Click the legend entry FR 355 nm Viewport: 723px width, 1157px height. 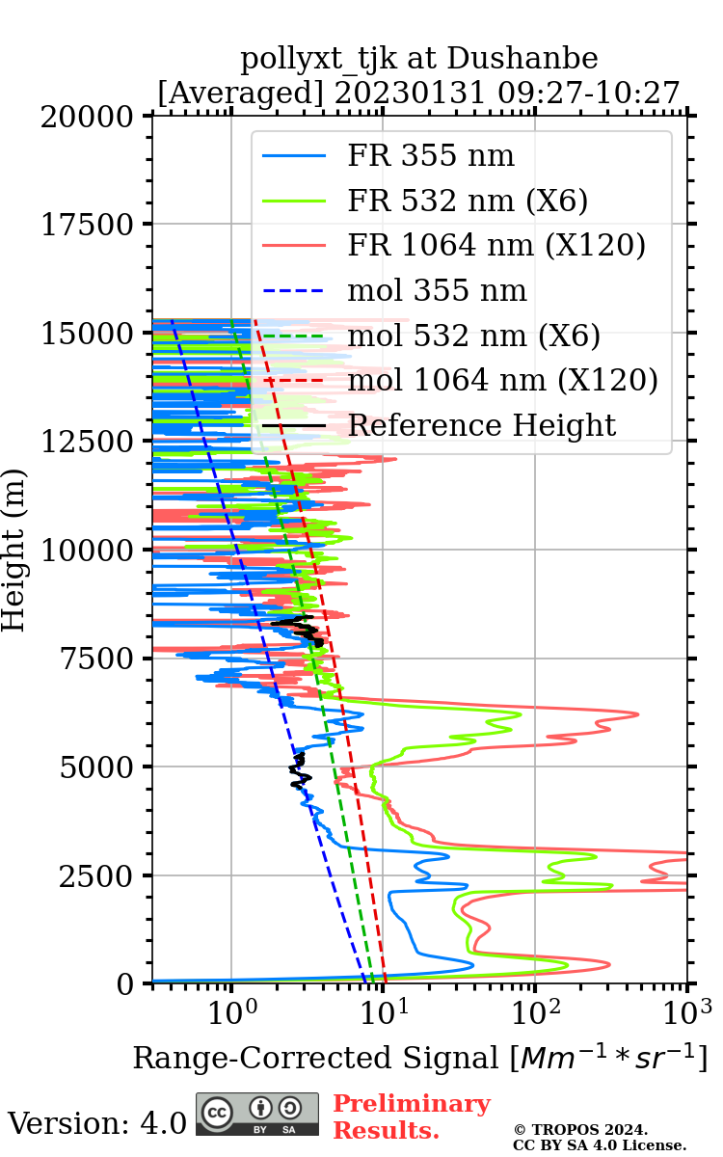click(430, 156)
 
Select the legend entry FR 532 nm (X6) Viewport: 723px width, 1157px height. click(468, 201)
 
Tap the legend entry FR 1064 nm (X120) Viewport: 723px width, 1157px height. click(495, 246)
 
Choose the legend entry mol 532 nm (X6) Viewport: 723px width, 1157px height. click(473, 336)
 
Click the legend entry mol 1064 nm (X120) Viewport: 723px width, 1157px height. click(502, 380)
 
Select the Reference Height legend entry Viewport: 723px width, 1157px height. click(481, 425)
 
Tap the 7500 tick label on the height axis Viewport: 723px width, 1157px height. click(97, 659)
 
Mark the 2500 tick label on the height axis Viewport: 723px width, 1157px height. click(97, 876)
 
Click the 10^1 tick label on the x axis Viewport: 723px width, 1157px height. click(383, 1010)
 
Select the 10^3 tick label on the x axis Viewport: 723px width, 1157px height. click(686, 1010)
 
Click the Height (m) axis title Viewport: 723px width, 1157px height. click(13, 550)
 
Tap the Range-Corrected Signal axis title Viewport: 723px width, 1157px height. click(419, 1058)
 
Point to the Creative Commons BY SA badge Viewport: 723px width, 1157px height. click(257, 1115)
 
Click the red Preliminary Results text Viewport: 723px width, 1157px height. click(411, 1117)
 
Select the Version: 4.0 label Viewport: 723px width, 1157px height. click(96, 1123)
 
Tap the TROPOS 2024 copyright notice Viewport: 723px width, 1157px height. click(599, 1137)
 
